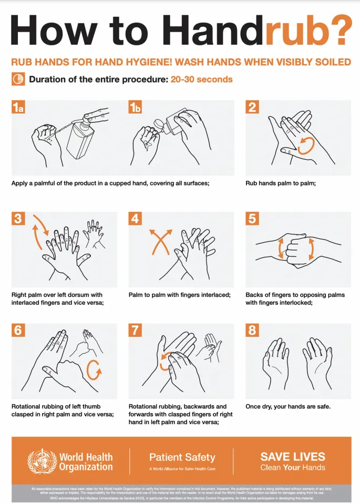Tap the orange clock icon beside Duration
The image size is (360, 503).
pyautogui.click(x=18, y=79)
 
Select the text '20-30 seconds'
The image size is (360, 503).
pyautogui.click(x=201, y=79)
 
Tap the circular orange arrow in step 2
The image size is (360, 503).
pyautogui.click(x=306, y=145)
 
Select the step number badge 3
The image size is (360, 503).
pyautogui.click(x=18, y=219)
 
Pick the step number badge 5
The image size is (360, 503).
pyautogui.click(x=252, y=219)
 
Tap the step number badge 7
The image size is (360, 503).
pyautogui.click(x=136, y=330)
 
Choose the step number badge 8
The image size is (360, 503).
pyautogui.click(x=252, y=330)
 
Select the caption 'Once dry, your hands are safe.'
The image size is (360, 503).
pyautogui.click(x=288, y=406)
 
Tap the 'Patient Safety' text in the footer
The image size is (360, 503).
pyautogui.click(x=182, y=457)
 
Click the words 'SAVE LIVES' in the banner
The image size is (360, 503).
pyautogui.click(x=293, y=456)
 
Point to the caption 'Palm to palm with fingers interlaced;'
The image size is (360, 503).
pyautogui.click(x=180, y=295)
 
